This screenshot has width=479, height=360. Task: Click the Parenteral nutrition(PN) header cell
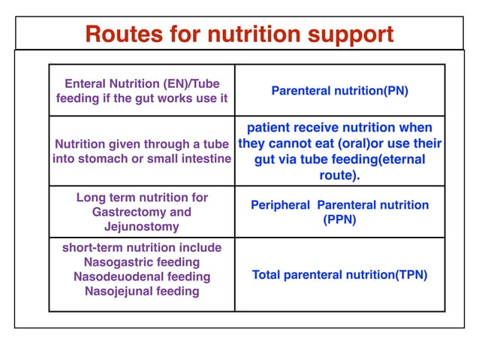[339, 91]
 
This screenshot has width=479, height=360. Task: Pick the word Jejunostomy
[142, 226]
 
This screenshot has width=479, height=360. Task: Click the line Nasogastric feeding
[142, 262]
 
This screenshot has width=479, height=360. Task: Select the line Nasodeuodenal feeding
[142, 276]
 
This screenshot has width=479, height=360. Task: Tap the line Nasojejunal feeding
[142, 291]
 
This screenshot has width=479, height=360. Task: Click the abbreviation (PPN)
[339, 219]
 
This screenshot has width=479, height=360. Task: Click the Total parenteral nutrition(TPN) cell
[339, 275]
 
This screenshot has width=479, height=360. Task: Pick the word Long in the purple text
[92, 197]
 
